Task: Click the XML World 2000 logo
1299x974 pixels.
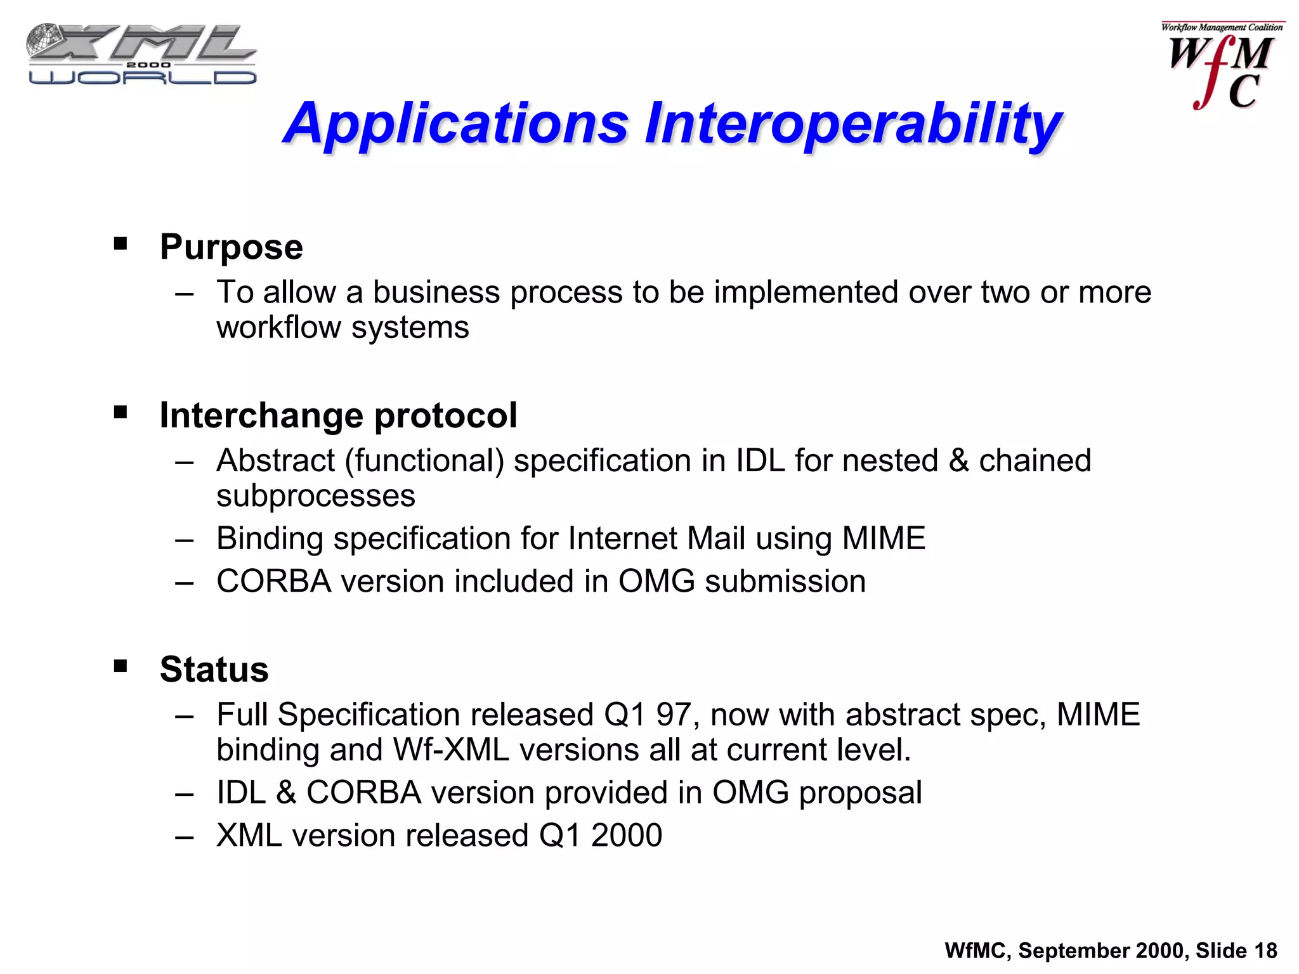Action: click(x=141, y=55)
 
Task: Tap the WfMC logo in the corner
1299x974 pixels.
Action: click(x=1222, y=67)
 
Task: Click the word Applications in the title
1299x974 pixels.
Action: click(x=455, y=124)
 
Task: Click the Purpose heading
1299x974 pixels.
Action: click(x=231, y=247)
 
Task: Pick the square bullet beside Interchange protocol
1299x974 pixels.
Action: click(x=121, y=413)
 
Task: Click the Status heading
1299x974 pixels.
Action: click(x=214, y=669)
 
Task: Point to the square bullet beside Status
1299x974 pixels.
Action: click(x=121, y=666)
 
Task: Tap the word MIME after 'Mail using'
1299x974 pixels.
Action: click(x=883, y=538)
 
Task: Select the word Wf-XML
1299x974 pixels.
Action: click(x=451, y=750)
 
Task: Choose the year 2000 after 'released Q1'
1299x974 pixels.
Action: click(x=627, y=835)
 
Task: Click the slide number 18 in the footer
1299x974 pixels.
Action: click(x=1265, y=951)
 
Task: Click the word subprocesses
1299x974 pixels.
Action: click(x=315, y=496)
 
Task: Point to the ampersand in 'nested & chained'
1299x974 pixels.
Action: click(x=958, y=461)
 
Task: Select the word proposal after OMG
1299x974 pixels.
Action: click(x=860, y=793)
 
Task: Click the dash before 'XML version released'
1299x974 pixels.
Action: click(x=185, y=836)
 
